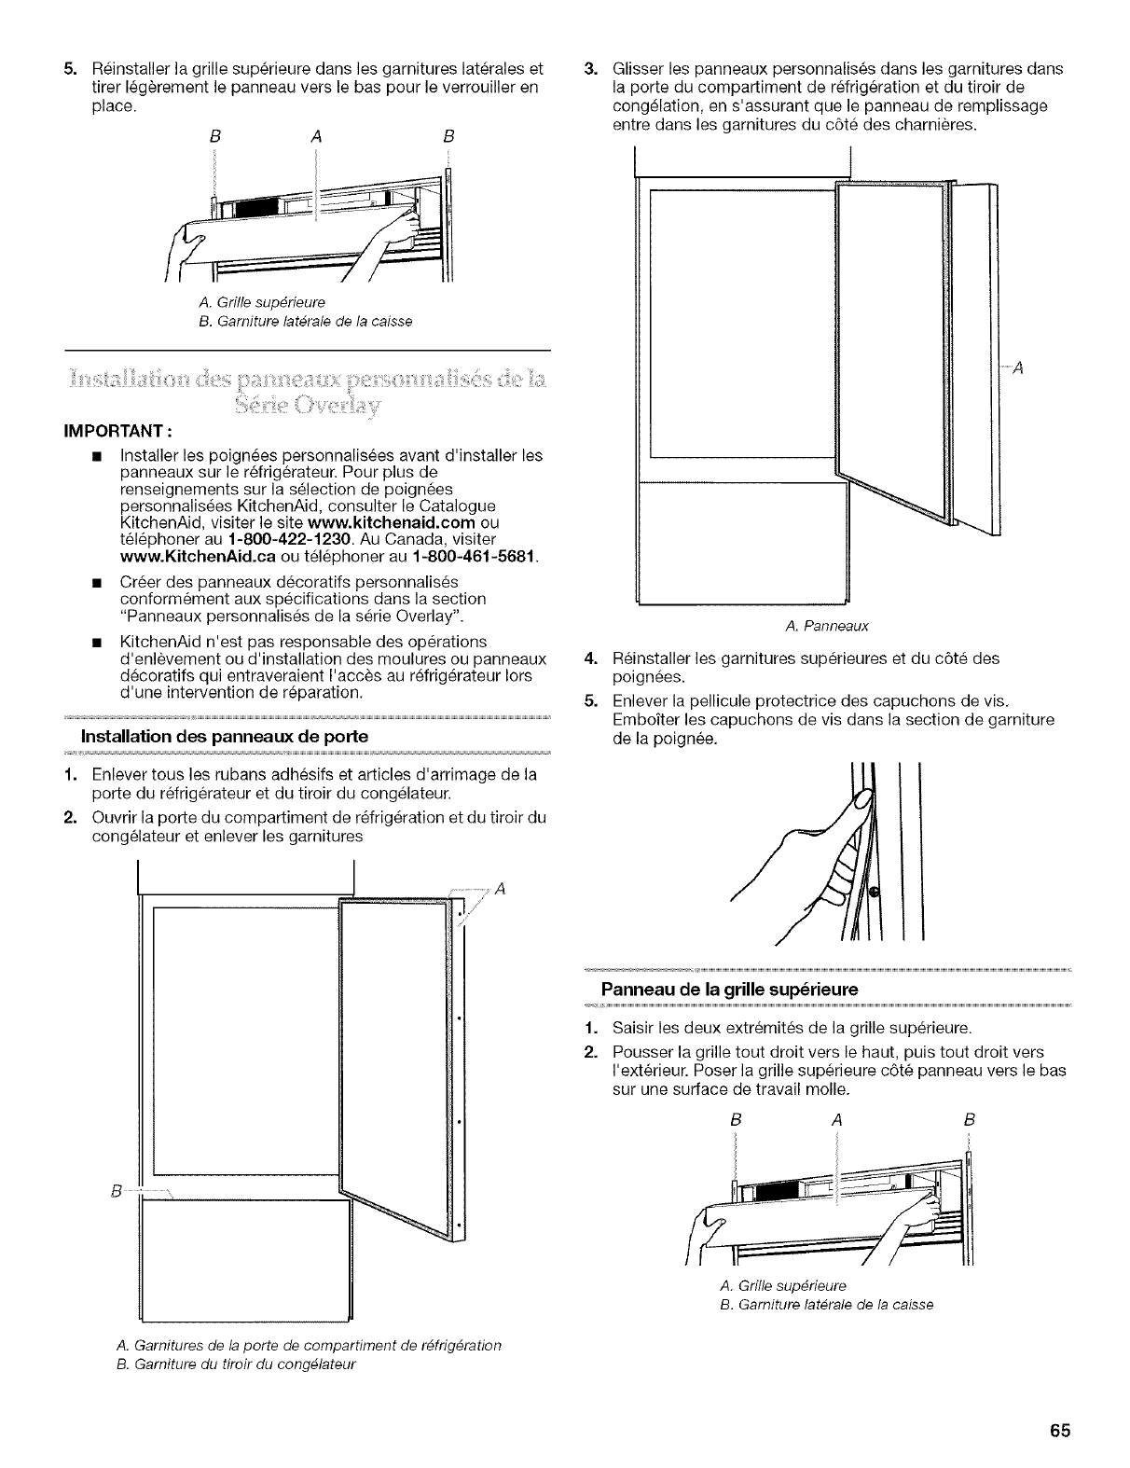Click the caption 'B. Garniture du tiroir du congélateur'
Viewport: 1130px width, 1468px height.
tap(237, 1363)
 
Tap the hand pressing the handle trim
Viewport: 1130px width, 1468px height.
tap(820, 858)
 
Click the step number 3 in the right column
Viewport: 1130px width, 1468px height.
tap(588, 69)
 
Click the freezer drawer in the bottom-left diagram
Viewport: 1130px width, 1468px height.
tap(244, 1259)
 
